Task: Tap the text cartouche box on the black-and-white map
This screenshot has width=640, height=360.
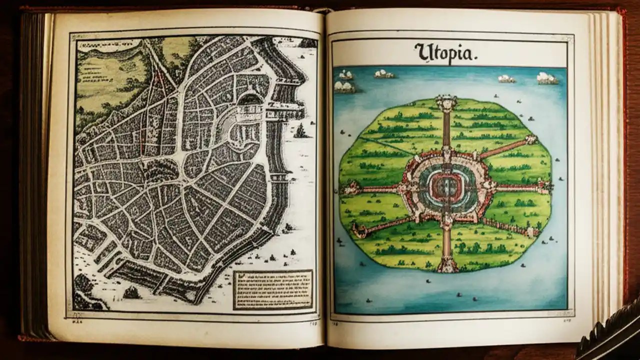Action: pyautogui.click(x=272, y=289)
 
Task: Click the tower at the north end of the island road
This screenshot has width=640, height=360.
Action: pyautogui.click(x=446, y=103)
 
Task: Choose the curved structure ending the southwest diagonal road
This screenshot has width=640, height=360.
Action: pyautogui.click(x=356, y=229)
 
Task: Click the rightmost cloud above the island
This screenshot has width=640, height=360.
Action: pyautogui.click(x=546, y=78)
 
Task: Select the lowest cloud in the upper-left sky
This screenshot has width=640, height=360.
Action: pyautogui.click(x=344, y=87)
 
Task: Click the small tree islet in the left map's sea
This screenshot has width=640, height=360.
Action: pyautogui.click(x=301, y=131)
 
